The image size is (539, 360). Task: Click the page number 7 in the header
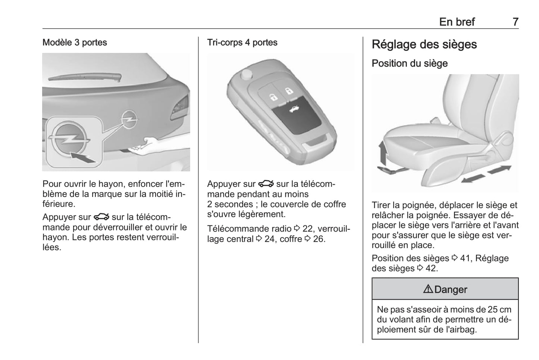515,22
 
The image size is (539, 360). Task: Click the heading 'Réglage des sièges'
424,44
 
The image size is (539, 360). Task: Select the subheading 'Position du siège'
409,63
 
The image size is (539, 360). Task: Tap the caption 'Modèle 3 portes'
75,43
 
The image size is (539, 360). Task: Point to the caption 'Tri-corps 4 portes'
242,43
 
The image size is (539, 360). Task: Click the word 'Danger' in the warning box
451,289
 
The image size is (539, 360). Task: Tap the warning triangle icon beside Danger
428,289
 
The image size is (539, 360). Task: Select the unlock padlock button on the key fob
273,97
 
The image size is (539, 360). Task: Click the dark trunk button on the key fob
297,118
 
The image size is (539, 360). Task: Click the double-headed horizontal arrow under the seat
486,174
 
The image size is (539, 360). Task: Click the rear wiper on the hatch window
85,77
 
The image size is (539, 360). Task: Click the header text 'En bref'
457,22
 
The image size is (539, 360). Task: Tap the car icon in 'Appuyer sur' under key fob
266,184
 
